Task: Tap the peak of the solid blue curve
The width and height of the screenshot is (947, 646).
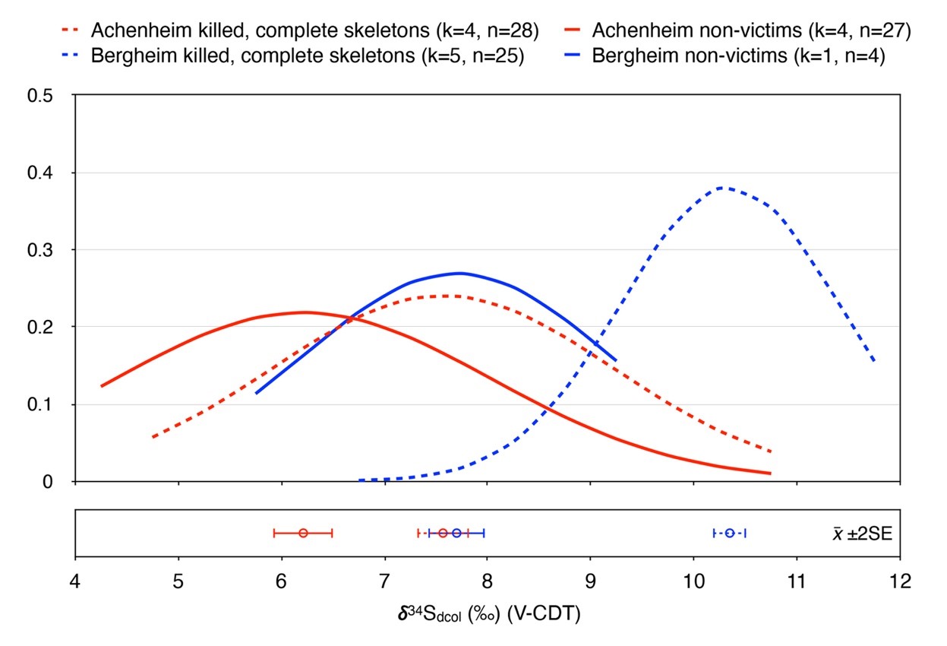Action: [x=459, y=273]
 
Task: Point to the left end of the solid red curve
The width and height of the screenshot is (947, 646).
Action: [x=101, y=386]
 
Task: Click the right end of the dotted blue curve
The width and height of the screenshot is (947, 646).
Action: [x=874, y=361]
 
